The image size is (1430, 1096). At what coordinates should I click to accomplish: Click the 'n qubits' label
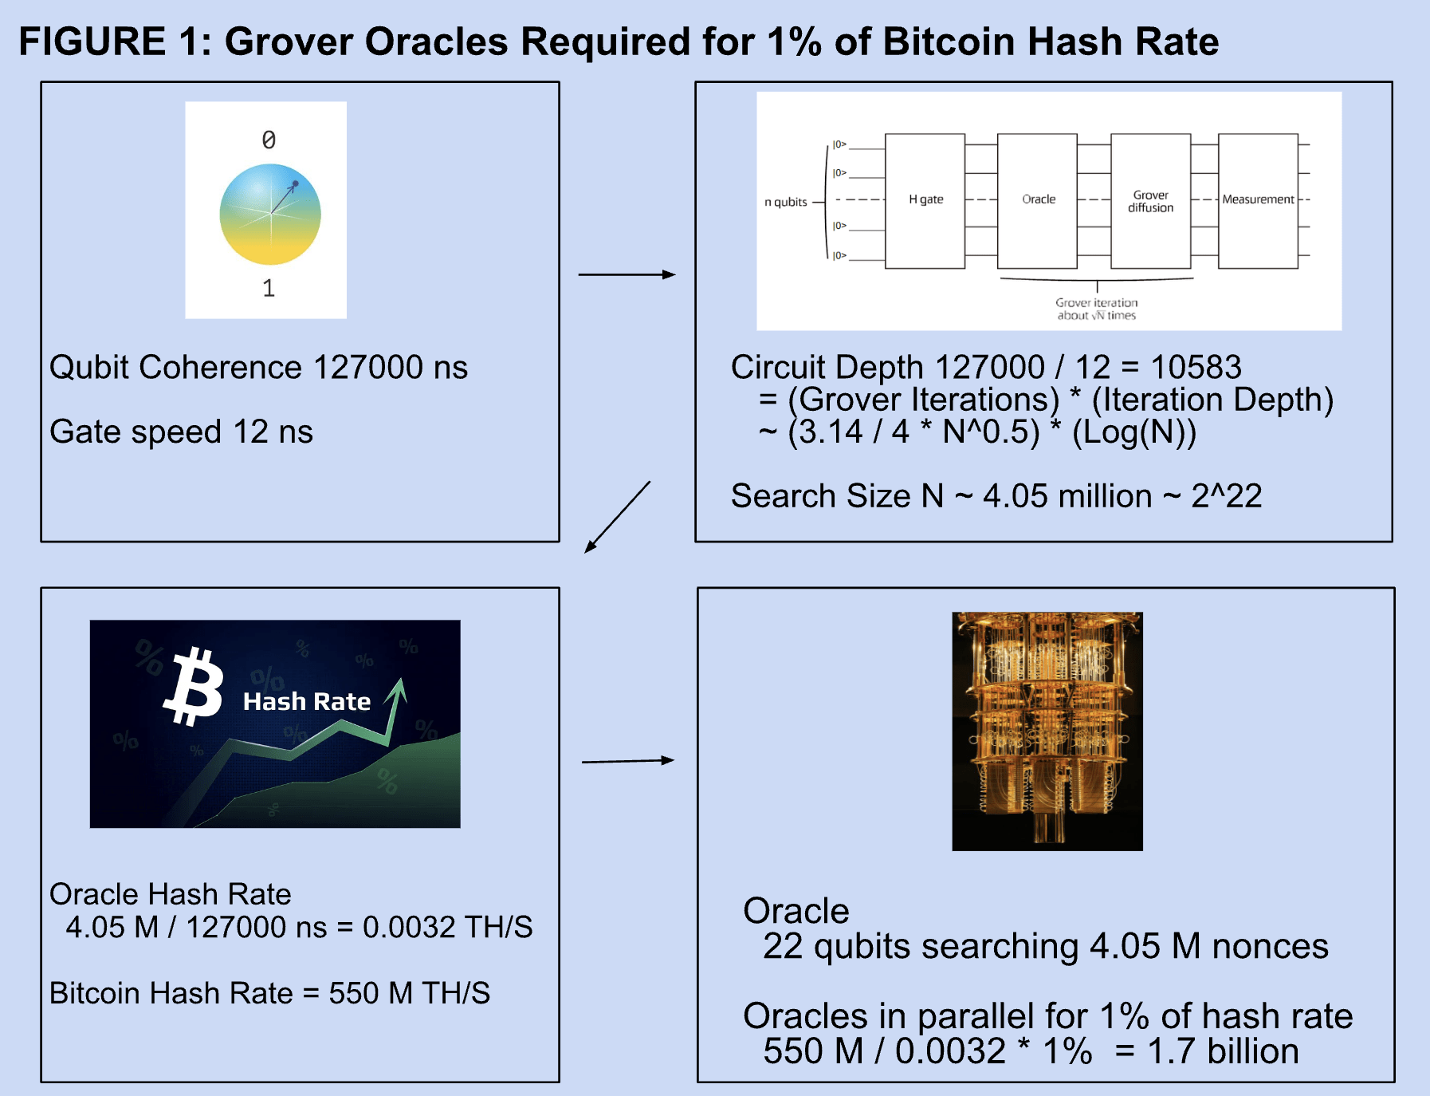point(786,202)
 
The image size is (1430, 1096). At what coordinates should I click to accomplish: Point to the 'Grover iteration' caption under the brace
point(1097,302)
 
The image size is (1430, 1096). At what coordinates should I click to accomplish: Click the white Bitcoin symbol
point(194,687)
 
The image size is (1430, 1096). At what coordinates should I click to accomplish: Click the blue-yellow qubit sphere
point(270,214)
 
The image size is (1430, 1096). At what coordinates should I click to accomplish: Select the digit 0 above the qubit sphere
point(269,140)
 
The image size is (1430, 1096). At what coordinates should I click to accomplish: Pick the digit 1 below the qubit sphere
point(269,288)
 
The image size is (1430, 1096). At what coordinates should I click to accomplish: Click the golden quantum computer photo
point(1047,731)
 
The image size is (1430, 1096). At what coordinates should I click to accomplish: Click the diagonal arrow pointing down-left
point(618,517)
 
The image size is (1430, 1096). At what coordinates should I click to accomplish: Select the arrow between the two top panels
point(627,274)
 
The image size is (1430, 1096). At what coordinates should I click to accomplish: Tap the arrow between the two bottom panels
point(628,761)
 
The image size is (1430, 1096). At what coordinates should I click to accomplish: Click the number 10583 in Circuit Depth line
point(1196,367)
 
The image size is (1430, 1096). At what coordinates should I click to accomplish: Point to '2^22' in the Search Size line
point(1227,496)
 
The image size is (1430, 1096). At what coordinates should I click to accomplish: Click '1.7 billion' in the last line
point(1223,1051)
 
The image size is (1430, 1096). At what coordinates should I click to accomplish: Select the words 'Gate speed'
point(136,432)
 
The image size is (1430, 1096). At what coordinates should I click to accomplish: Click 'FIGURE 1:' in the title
point(116,41)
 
